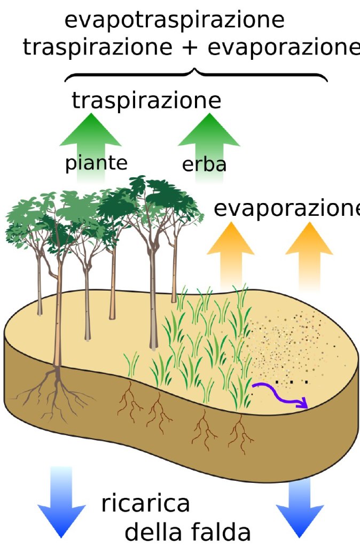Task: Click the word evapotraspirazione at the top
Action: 175,20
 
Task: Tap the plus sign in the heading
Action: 190,47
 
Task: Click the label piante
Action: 96,163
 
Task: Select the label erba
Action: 204,165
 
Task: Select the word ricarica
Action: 145,503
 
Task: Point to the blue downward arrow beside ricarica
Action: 62,502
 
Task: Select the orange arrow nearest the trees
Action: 231,256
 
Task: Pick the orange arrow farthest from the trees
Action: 309,256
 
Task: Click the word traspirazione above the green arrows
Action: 146,101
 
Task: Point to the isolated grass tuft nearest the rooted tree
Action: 132,364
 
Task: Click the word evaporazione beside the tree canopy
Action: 287,209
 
